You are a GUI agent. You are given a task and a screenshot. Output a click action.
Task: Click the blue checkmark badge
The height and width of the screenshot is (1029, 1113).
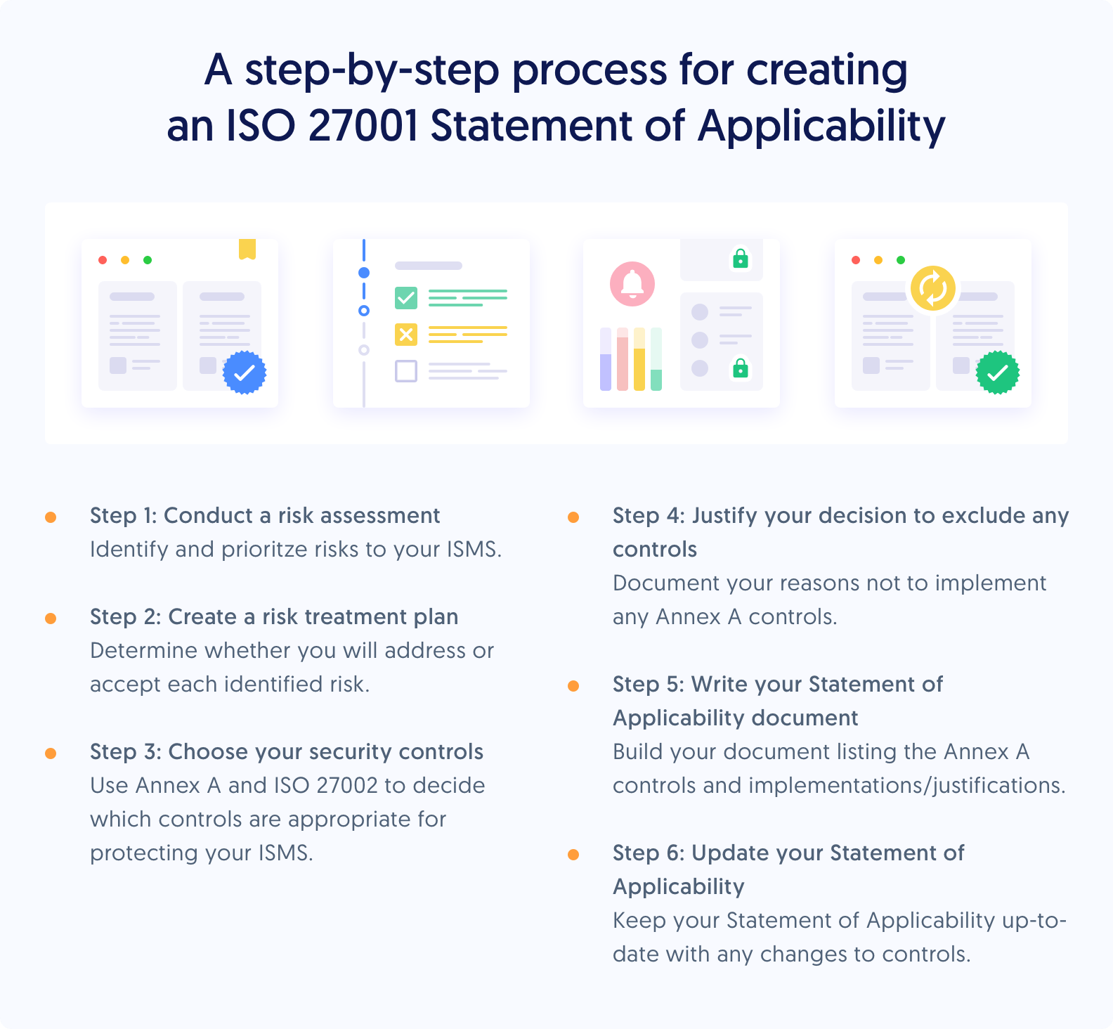pyautogui.click(x=245, y=373)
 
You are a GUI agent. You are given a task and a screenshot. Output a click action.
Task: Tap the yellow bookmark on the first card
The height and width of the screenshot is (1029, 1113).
pyautogui.click(x=247, y=249)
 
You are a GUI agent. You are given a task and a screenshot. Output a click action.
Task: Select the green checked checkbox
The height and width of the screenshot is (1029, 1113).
pyautogui.click(x=406, y=298)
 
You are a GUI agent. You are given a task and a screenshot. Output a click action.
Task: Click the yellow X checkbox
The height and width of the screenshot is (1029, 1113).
pyautogui.click(x=406, y=335)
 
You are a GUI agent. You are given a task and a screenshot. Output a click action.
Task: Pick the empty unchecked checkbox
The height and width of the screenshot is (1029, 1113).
pyautogui.click(x=406, y=370)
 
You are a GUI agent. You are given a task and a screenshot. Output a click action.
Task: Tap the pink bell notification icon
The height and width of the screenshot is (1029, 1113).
pyautogui.click(x=632, y=284)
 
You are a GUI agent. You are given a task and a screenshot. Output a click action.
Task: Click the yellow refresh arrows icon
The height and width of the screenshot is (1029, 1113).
pyautogui.click(x=933, y=288)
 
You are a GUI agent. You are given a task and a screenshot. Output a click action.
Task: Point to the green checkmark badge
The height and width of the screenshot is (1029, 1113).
pyautogui.click(x=998, y=373)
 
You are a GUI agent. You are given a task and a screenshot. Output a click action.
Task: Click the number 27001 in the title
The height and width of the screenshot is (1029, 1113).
pyautogui.click(x=363, y=127)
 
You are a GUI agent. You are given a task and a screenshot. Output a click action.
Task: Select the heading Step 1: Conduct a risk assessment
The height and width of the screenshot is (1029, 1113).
pyautogui.click(x=265, y=516)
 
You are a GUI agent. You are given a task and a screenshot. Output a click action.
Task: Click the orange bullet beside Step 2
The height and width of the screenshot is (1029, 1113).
pyautogui.click(x=51, y=619)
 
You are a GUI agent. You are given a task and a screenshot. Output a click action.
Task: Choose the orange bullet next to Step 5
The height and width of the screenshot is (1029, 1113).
pyautogui.click(x=573, y=686)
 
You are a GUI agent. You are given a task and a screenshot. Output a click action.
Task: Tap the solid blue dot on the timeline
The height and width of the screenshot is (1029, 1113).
pyautogui.click(x=364, y=273)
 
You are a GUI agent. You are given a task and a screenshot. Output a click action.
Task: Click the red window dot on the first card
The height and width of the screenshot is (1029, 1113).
pyautogui.click(x=103, y=260)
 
